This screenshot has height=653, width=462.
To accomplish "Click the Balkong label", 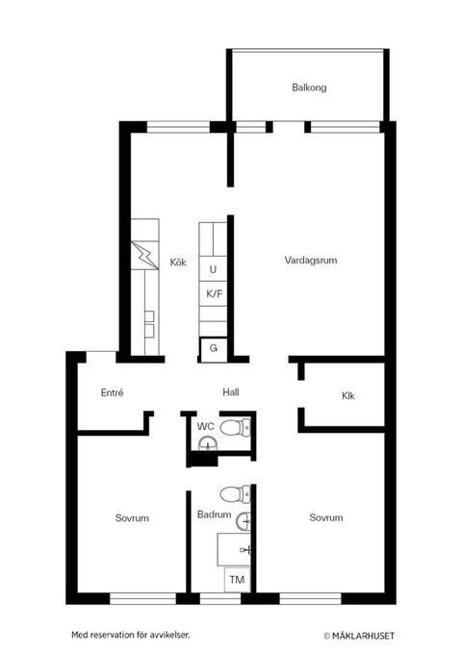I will [x=309, y=88].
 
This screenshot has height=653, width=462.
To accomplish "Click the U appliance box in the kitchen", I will [x=213, y=269].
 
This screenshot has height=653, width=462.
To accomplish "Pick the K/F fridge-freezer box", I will [x=213, y=293].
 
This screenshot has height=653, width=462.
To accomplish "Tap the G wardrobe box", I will [x=213, y=348].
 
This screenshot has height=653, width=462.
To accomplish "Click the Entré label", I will [x=112, y=392].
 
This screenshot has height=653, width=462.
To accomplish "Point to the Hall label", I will [x=231, y=392].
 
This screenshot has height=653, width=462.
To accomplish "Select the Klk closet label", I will [x=347, y=396].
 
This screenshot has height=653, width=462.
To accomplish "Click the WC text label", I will [x=205, y=425].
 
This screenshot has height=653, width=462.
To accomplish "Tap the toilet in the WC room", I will [x=232, y=427].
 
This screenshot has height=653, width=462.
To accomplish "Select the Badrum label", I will [x=214, y=515].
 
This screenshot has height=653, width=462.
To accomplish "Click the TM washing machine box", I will [x=236, y=579].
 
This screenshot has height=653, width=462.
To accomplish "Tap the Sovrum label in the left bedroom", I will [x=131, y=518].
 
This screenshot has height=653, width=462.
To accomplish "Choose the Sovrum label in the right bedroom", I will [x=326, y=518].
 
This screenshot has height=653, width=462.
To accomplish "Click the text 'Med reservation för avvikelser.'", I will [x=131, y=635].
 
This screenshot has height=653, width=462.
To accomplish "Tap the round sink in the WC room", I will [x=205, y=443].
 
